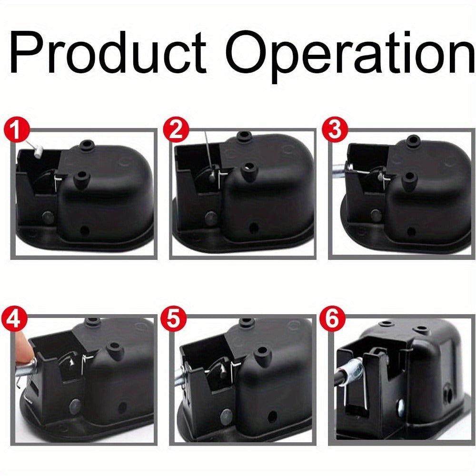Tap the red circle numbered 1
17,129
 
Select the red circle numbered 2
176,129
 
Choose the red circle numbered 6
332,319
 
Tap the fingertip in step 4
23,349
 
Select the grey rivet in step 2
211,218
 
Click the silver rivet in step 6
400,404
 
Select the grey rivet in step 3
376,215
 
